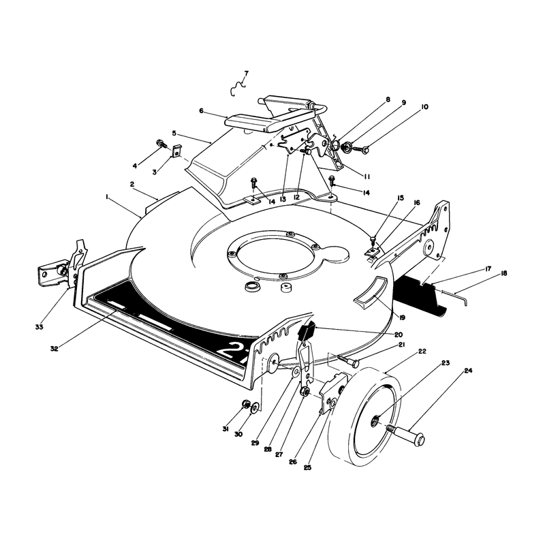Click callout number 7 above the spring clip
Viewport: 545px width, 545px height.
click(247, 74)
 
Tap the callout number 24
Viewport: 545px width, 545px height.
click(468, 371)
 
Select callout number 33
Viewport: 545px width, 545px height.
click(40, 327)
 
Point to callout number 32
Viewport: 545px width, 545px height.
click(54, 349)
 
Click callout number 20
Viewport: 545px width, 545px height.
click(399, 334)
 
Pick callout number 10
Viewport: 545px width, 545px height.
click(424, 107)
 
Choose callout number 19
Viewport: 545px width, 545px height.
click(402, 317)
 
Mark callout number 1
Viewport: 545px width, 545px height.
click(107, 197)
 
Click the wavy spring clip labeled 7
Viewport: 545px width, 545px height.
click(238, 89)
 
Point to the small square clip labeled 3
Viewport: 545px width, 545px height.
click(177, 151)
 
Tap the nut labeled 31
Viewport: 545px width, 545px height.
click(245, 404)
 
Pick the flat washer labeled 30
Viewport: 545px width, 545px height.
click(255, 407)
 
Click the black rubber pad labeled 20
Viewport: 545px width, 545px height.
click(306, 331)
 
